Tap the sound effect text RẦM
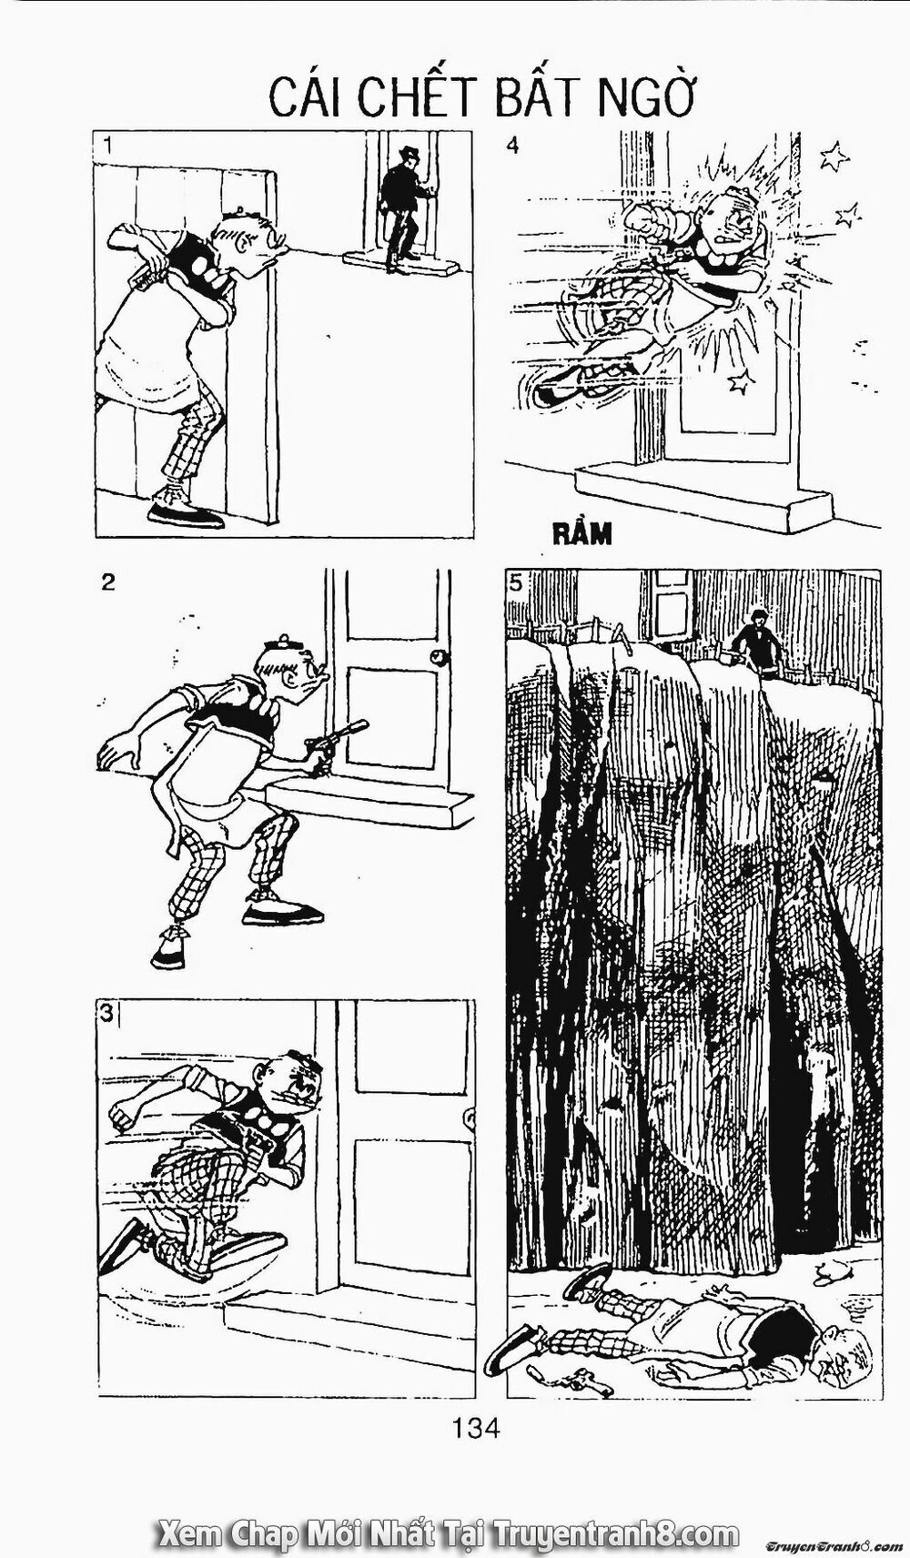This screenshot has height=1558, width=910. (x=582, y=534)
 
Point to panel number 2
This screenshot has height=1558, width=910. (x=108, y=582)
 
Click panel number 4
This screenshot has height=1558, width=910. (x=513, y=145)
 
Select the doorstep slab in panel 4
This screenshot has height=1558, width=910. (x=705, y=496)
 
